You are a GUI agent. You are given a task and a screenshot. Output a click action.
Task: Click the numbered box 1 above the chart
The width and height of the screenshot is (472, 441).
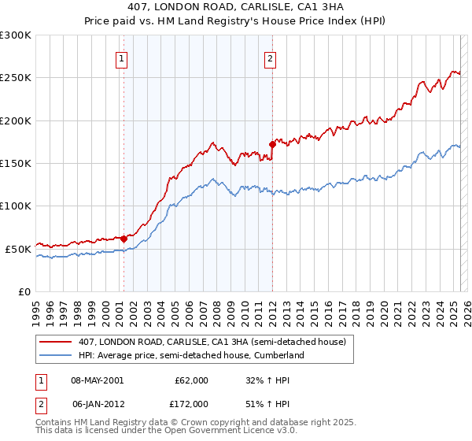click(123, 57)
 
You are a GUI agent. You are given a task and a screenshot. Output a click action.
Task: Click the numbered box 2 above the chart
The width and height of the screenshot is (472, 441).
click(271, 57)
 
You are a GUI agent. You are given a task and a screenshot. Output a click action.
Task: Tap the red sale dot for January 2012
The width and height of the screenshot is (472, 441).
click(272, 145)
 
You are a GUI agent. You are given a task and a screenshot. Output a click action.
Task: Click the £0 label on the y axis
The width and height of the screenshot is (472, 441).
click(24, 291)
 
